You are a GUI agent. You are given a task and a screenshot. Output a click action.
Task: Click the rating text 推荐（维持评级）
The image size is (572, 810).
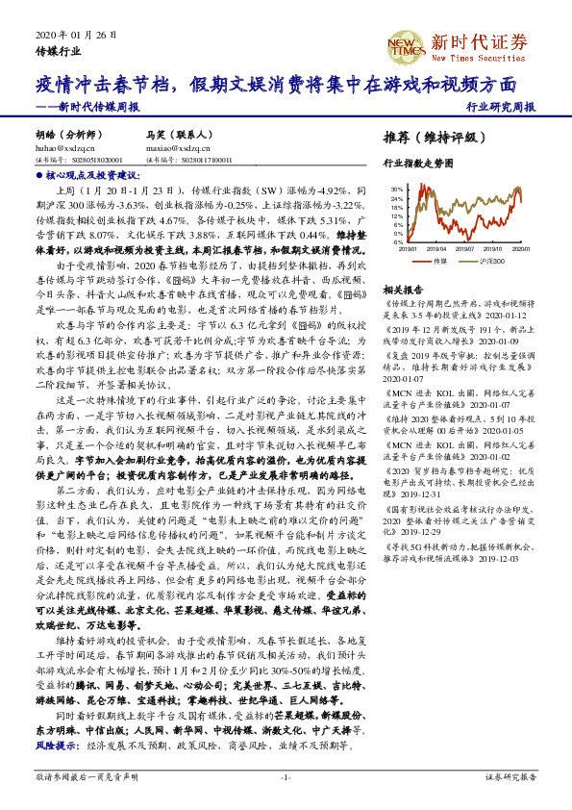coord(429,137)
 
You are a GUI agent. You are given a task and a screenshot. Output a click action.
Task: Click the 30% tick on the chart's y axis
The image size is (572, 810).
coord(396,190)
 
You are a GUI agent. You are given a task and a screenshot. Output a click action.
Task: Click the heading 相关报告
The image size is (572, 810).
coord(402,290)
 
